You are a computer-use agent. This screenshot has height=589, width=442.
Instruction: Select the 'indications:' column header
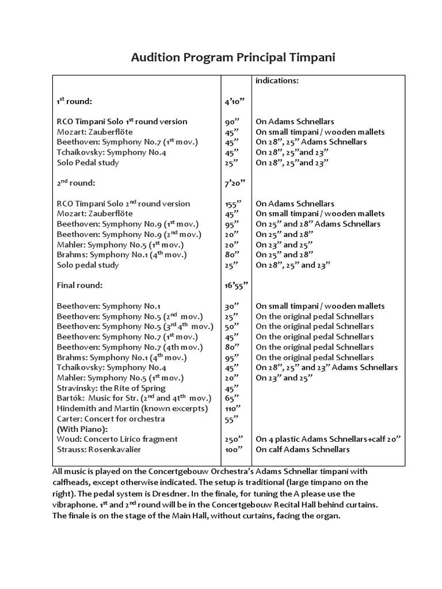[x=277, y=81]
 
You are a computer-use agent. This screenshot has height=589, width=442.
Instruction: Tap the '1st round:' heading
[x=74, y=101]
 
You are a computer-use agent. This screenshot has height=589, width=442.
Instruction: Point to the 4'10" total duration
[x=235, y=101]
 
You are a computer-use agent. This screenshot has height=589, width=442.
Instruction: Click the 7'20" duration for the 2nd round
[x=235, y=183]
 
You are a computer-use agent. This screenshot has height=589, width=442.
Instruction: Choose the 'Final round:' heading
[x=79, y=285]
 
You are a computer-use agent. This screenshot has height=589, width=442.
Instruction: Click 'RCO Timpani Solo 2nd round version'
[x=123, y=204]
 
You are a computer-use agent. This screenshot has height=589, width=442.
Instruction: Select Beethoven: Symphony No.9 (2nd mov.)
[x=129, y=234]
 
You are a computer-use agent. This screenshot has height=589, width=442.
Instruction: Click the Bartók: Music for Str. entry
[x=134, y=398]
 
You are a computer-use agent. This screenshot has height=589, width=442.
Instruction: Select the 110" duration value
[x=233, y=408]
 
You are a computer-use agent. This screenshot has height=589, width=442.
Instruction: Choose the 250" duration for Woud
[x=233, y=439]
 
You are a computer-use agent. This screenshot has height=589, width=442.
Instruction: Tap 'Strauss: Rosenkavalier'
[x=98, y=449]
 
